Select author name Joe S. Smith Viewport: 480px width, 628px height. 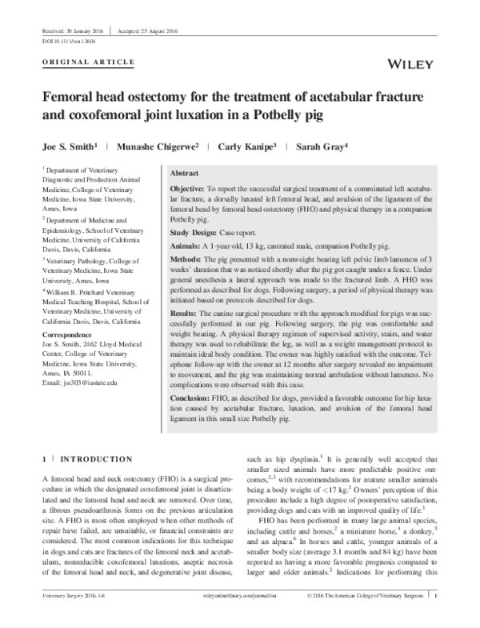71,147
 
